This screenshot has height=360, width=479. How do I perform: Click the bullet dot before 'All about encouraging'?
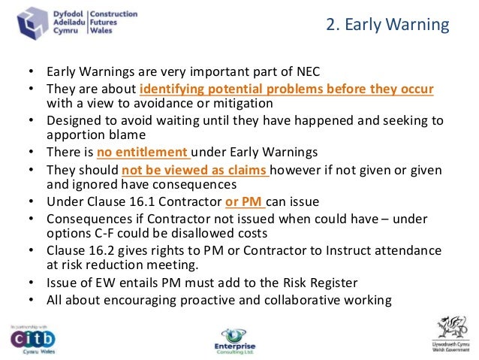click(31, 300)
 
